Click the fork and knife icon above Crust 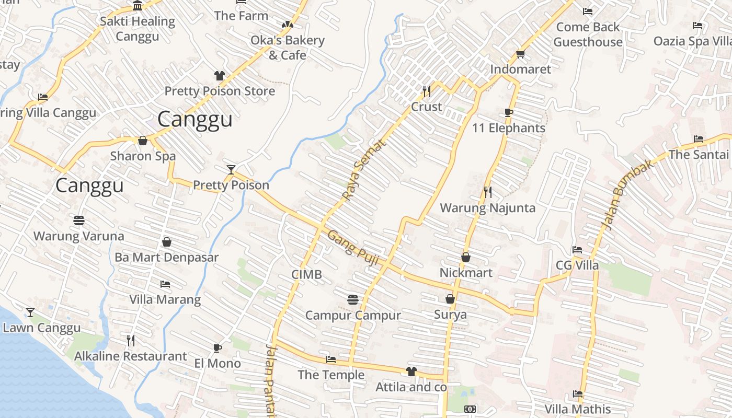[426, 91]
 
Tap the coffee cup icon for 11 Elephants [508, 112]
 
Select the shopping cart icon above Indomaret [520, 54]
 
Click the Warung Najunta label [487, 208]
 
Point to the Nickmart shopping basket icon [465, 257]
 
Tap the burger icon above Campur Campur [353, 299]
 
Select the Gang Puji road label [353, 249]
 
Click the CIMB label [306, 274]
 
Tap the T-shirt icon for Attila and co [411, 371]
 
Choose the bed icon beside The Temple [331, 359]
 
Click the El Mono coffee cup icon [218, 348]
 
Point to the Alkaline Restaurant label [130, 356]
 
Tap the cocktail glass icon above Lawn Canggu [30, 312]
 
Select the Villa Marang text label [165, 299]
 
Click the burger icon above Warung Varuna [79, 220]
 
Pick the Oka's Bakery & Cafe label [287, 47]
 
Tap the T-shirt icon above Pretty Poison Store [220, 76]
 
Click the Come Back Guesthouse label [588, 34]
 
